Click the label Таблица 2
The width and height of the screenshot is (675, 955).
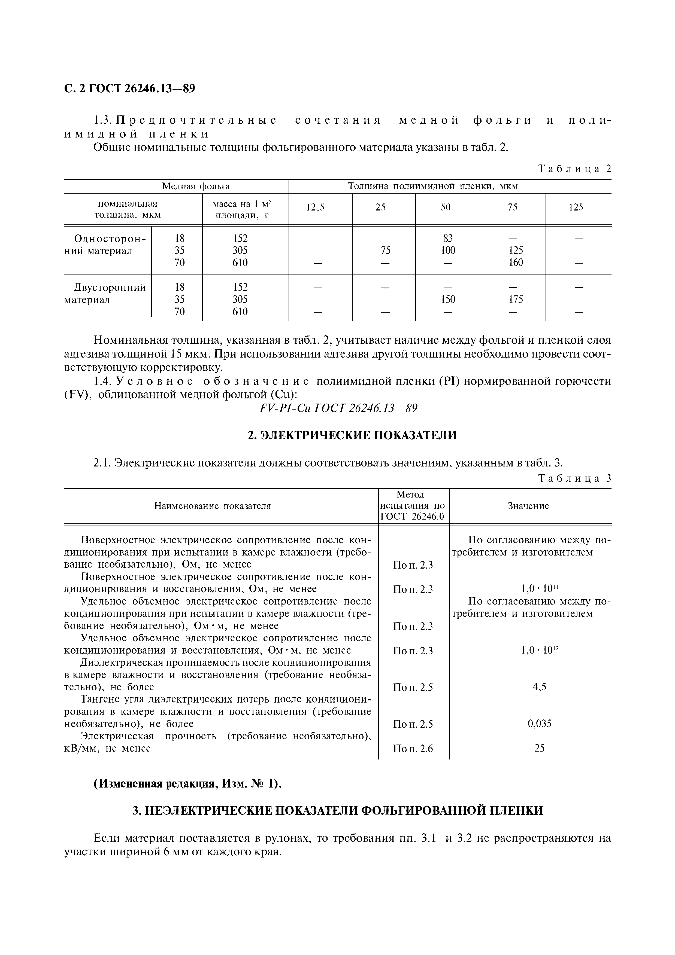tap(575, 169)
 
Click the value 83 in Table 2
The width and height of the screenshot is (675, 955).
tap(448, 238)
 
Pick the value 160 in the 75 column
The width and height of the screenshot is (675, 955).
tap(516, 263)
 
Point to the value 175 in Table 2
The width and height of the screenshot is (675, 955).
tap(516, 300)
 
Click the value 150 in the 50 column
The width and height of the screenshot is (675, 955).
tap(448, 300)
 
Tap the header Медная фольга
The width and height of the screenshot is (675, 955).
tap(196, 186)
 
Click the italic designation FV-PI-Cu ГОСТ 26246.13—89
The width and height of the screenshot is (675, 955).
tap(338, 408)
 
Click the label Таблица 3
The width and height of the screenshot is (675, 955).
tap(575, 478)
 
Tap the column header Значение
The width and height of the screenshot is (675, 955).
tap(528, 506)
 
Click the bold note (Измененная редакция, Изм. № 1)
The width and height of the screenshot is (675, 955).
tap(188, 784)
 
